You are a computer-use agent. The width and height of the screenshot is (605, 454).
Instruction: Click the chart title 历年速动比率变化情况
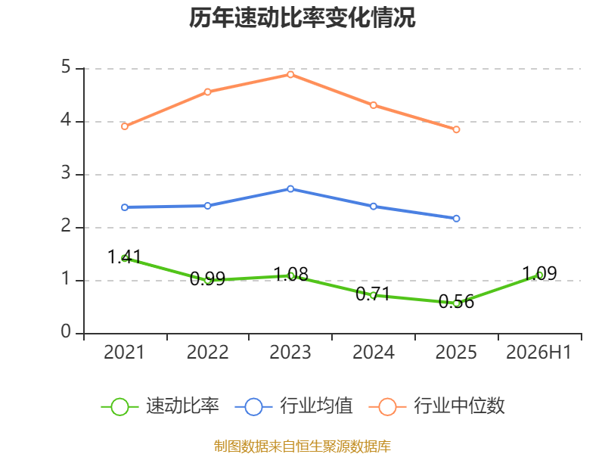pyautogui.click(x=302, y=17)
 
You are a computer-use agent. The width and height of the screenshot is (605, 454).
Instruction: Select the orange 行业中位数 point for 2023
pyautogui.click(x=290, y=74)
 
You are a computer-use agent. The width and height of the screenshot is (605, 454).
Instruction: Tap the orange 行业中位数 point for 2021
pyautogui.click(x=125, y=126)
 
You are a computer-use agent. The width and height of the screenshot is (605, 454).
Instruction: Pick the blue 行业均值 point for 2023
pyautogui.click(x=290, y=188)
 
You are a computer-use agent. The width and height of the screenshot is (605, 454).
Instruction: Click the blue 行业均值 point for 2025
pyautogui.click(x=457, y=219)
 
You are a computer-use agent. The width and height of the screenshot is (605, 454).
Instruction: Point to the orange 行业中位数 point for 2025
pyautogui.click(x=457, y=129)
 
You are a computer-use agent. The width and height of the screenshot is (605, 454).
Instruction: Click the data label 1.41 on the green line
pyautogui.click(x=124, y=257)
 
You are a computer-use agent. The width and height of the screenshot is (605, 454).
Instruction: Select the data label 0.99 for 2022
pyautogui.click(x=207, y=278)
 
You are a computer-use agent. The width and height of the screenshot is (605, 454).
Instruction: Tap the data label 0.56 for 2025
pyautogui.click(x=456, y=301)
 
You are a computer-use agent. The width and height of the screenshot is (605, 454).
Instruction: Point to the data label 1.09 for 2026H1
pyautogui.click(x=539, y=274)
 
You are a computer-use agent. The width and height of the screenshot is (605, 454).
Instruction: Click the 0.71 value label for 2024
pyautogui.click(x=373, y=294)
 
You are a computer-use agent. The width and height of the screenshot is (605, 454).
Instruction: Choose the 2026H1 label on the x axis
pyautogui.click(x=538, y=352)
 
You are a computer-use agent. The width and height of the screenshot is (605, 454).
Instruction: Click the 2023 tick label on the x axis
pyautogui.click(x=290, y=352)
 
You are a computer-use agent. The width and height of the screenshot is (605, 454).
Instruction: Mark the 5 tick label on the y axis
pyautogui.click(x=66, y=67)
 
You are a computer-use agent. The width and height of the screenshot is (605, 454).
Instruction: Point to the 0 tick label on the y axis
pyautogui.click(x=66, y=331)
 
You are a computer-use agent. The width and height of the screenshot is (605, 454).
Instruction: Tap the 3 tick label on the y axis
pyautogui.click(x=66, y=173)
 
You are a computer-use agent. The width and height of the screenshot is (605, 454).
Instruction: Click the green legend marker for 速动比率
pyautogui.click(x=119, y=407)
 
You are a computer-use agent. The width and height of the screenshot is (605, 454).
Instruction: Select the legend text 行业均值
pyautogui.click(x=316, y=406)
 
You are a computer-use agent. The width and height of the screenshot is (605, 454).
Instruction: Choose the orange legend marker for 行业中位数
pyautogui.click(x=387, y=407)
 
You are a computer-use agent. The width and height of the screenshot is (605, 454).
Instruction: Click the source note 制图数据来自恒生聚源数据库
pyautogui.click(x=302, y=446)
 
